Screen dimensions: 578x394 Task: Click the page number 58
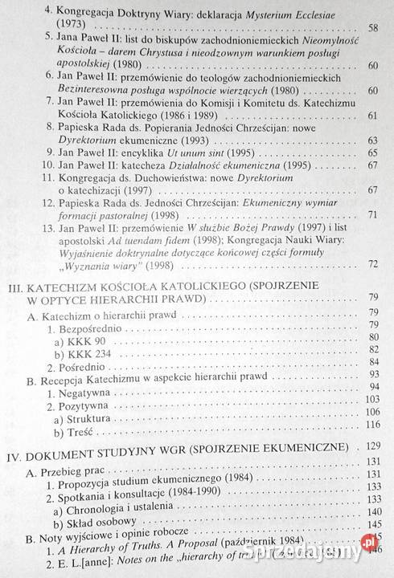[x=372, y=28]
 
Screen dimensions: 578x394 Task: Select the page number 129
[x=370, y=446]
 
